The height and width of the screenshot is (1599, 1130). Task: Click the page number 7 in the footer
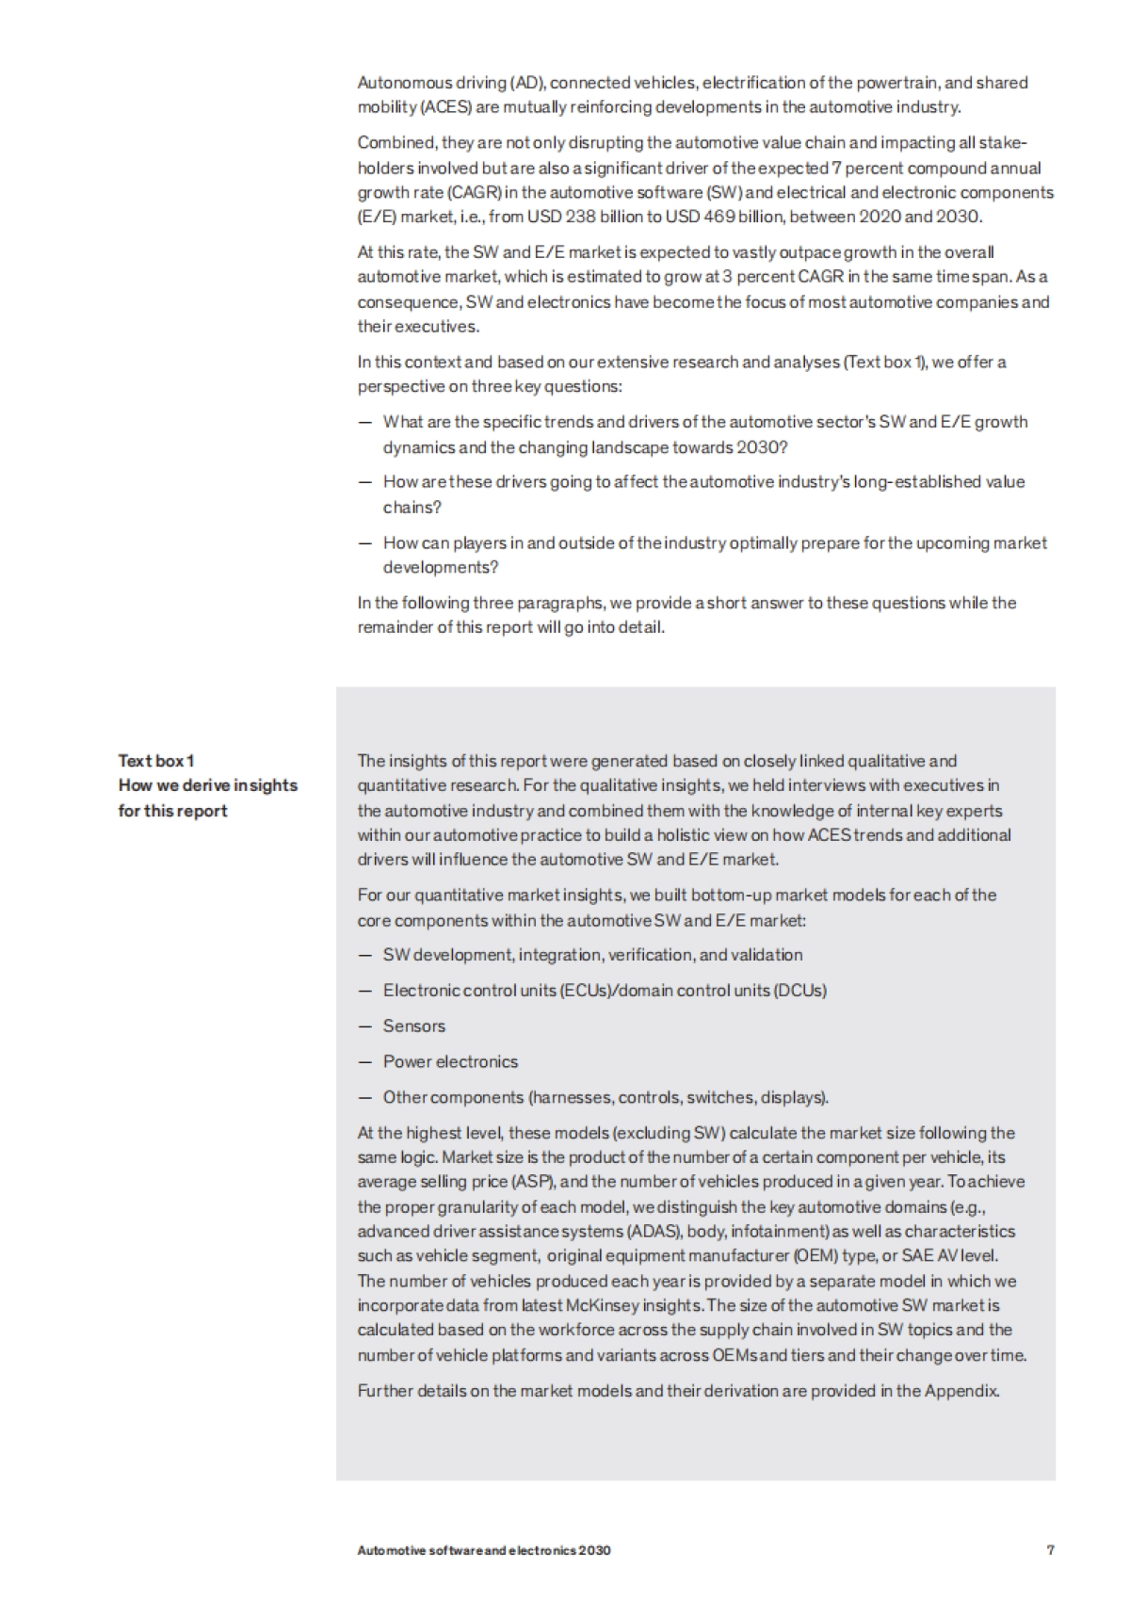(x=1050, y=1549)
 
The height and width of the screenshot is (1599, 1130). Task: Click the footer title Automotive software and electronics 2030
(x=483, y=1550)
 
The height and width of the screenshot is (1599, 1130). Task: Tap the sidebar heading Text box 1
(x=155, y=760)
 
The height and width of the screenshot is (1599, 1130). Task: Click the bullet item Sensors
(x=413, y=1026)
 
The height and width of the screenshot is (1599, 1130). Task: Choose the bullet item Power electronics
(x=450, y=1061)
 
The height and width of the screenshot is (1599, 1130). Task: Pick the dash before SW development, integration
(x=365, y=955)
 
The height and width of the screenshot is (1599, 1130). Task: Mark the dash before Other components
(x=365, y=1097)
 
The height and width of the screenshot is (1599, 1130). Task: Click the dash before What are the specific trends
(x=365, y=422)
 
